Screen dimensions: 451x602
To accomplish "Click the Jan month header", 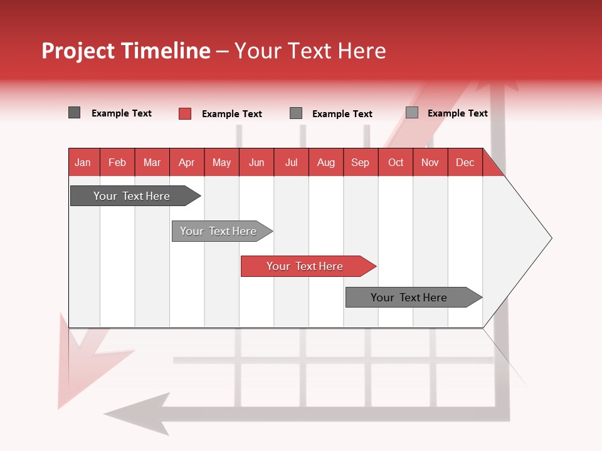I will (x=83, y=162).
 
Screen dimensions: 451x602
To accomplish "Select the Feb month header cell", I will (x=117, y=162).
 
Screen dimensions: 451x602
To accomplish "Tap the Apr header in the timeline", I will (x=186, y=162).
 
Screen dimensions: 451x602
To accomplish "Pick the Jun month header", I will (x=256, y=162).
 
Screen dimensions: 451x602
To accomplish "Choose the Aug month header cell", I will (x=325, y=162).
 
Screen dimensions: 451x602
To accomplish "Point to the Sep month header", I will (x=360, y=162).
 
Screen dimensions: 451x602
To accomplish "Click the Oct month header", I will (x=396, y=162).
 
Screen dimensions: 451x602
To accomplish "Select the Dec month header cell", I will (x=465, y=162).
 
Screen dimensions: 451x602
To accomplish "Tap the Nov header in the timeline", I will (x=430, y=162).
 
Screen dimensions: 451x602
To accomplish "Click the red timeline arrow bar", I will (x=307, y=266).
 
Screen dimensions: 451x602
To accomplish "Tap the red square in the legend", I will (x=185, y=113).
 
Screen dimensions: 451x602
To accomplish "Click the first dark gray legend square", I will (x=75, y=113).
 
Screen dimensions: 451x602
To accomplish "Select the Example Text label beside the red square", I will (x=232, y=114).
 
